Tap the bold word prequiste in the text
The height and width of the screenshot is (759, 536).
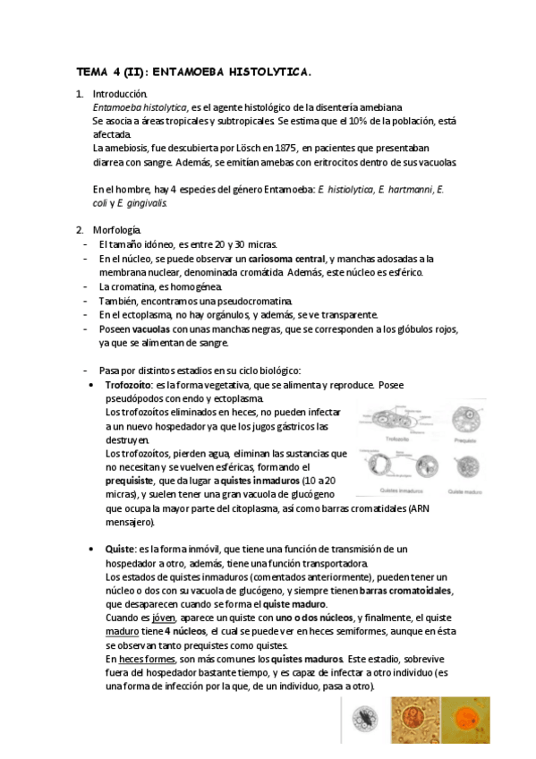(128, 480)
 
